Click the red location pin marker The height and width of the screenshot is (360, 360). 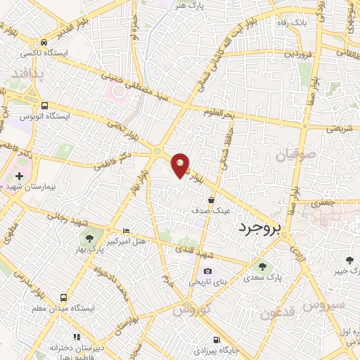(181, 165)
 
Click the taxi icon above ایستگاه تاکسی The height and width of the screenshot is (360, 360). (44, 42)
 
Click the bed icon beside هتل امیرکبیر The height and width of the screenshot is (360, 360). (127, 231)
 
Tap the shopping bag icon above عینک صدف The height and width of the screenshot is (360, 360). (211, 200)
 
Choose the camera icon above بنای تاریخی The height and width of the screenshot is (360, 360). (207, 271)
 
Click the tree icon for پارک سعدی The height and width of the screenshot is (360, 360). (262, 267)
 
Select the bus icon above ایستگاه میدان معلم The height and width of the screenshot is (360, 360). (64, 297)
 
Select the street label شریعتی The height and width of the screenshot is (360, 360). (339, 129)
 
